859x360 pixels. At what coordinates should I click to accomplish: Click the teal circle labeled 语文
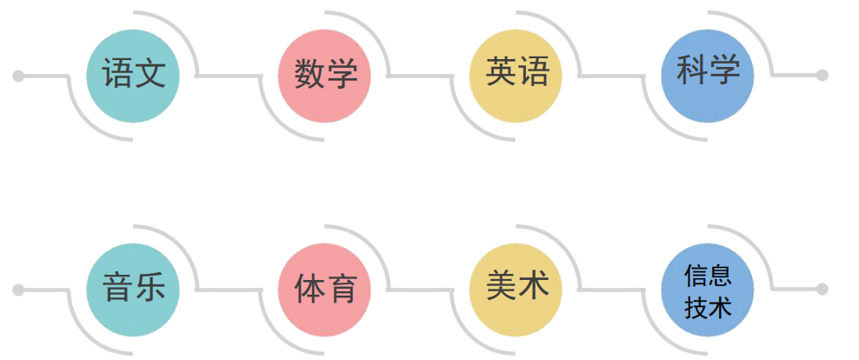point(133,75)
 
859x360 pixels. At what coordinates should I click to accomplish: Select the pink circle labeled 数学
point(324,75)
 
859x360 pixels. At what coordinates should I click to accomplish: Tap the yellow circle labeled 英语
point(516,75)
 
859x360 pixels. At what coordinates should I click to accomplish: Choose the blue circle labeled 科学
point(708,75)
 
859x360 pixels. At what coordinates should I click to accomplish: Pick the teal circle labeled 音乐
point(133,289)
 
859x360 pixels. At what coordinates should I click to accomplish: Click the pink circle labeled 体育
point(324,289)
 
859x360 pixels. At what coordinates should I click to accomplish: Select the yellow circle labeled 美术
point(516,289)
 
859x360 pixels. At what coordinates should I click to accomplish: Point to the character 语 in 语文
point(117,74)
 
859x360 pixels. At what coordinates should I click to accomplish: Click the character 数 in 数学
point(309,74)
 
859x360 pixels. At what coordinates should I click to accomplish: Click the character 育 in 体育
point(341,288)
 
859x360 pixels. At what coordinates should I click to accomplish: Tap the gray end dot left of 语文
point(17,76)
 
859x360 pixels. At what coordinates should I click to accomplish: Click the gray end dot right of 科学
point(822,76)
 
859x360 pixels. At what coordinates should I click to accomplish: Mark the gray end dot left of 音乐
point(17,289)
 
